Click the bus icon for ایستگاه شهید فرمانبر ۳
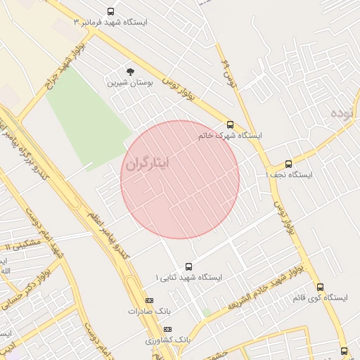(x=110, y=11)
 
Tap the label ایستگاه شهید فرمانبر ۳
(x=111, y=22)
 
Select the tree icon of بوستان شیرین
(x=129, y=72)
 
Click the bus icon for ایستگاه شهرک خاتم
(x=230, y=124)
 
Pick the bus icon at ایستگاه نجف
(x=288, y=165)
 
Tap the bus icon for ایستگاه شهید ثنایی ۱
(x=188, y=266)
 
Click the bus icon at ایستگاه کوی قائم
(x=320, y=287)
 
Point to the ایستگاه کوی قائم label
(x=320, y=298)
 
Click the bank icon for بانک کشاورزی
(x=167, y=329)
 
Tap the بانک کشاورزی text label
(x=168, y=340)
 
